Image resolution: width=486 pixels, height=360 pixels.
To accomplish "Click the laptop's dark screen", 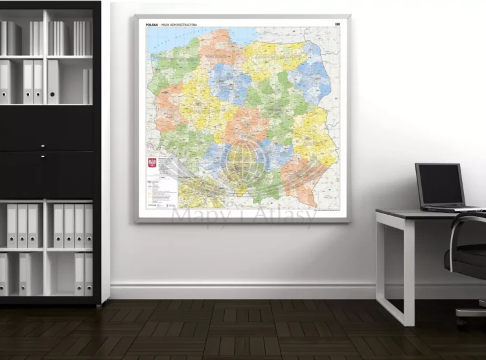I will (x=440, y=184).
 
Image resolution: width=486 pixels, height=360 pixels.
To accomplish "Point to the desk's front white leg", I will (x=408, y=272).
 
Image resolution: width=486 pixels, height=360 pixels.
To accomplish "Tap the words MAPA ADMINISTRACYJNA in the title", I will (x=179, y=25).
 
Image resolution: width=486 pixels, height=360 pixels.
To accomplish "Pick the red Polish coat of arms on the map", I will (x=152, y=162).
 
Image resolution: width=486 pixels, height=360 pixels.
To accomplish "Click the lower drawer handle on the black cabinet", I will (x=43, y=156).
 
